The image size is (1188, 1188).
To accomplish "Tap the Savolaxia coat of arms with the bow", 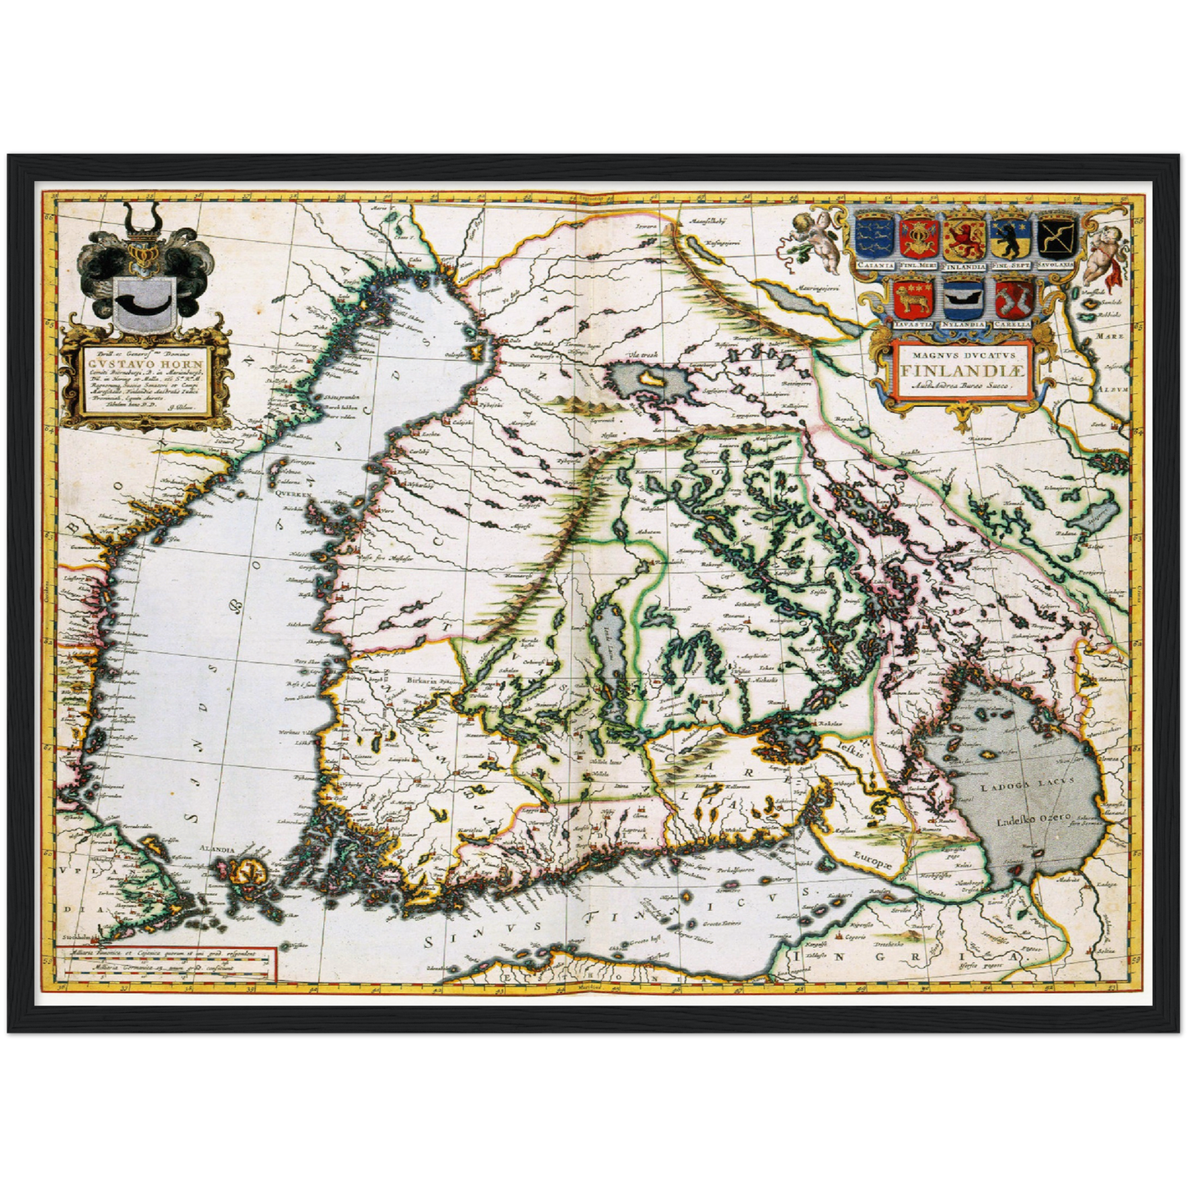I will click(x=1058, y=238).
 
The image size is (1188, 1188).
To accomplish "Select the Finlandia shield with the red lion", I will click(x=964, y=238).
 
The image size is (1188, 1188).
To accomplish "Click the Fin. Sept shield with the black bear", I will click(x=1011, y=238).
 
